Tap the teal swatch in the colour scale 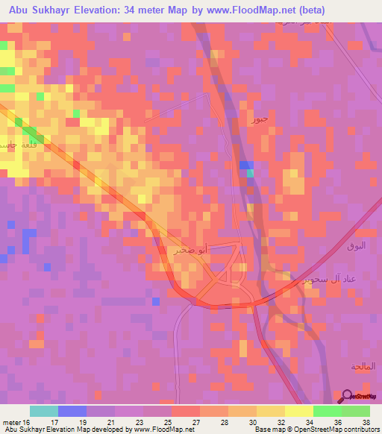coord(44,411)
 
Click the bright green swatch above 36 coord(327,411)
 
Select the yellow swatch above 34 coord(298,411)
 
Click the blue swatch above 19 coord(72,411)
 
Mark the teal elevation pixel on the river coord(250,173)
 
